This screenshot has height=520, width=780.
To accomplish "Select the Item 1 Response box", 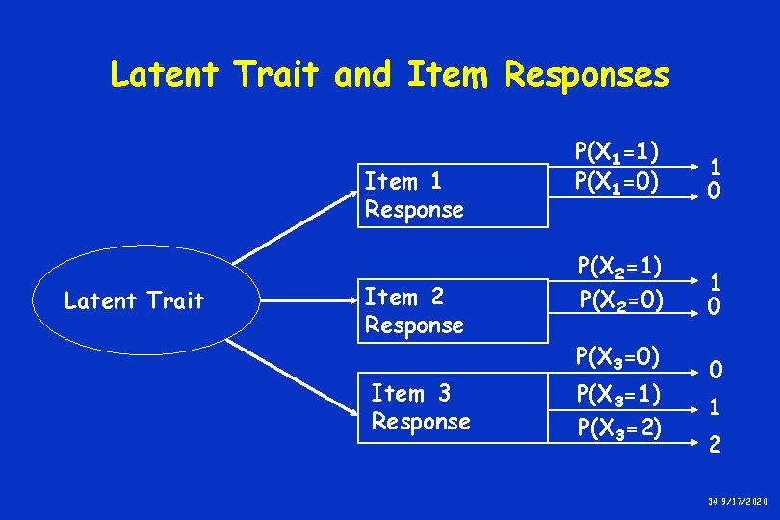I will [453, 195].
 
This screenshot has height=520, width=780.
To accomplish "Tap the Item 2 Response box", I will [453, 311].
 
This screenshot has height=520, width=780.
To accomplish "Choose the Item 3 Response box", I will [453, 407].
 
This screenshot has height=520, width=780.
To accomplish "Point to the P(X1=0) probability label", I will [616, 180].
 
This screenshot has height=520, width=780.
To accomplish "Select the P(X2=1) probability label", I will [617, 268].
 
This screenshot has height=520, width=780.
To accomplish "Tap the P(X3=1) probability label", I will [617, 396].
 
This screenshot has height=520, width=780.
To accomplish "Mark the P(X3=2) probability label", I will [617, 427].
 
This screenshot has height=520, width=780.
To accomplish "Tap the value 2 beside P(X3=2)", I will [714, 444].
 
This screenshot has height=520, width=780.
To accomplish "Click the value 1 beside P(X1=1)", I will [714, 166].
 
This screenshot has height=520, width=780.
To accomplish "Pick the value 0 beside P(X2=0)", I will [714, 307].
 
